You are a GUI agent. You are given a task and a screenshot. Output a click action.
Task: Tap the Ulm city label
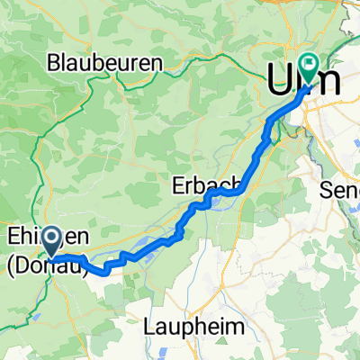tap(304, 80)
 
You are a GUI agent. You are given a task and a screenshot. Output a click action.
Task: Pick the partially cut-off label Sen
tap(340, 190)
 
